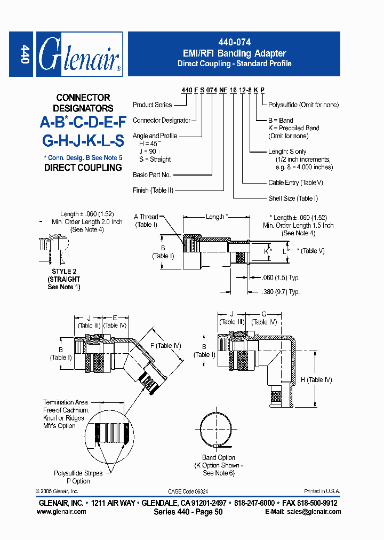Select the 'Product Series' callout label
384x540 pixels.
point(153,105)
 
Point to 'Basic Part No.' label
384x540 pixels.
point(152,174)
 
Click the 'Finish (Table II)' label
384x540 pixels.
point(153,190)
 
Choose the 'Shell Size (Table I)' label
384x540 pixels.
point(293,198)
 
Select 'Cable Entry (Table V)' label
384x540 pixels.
point(295,182)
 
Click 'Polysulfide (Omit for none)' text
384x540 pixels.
point(303,105)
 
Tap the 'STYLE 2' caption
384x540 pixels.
point(63,272)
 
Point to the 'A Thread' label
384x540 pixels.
point(146,217)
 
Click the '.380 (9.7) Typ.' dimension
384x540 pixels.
point(281,292)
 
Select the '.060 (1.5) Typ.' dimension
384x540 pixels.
point(281,277)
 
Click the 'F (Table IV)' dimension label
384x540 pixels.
point(165,346)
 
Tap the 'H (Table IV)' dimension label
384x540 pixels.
point(316,379)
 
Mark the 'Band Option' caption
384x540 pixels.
point(219,457)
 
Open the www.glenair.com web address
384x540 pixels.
point(61,512)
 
